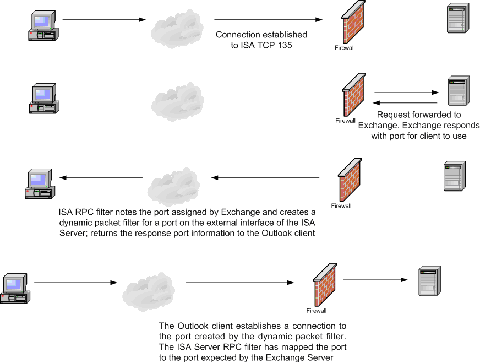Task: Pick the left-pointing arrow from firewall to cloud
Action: click(265, 178)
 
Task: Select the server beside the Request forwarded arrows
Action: click(457, 91)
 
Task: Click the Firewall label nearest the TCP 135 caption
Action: click(345, 48)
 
